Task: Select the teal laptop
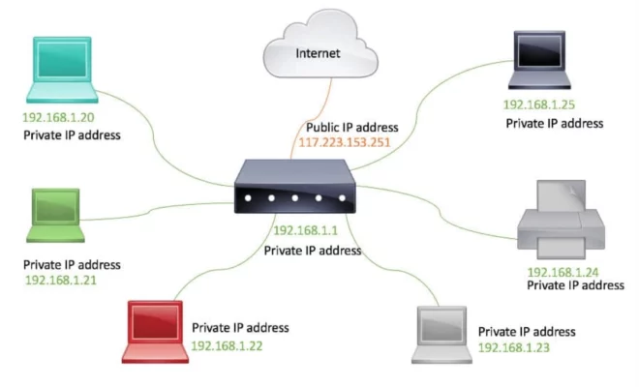[61, 74]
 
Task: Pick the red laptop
[156, 330]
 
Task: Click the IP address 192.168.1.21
[60, 280]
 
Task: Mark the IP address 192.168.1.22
[228, 344]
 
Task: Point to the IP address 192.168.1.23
[515, 346]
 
